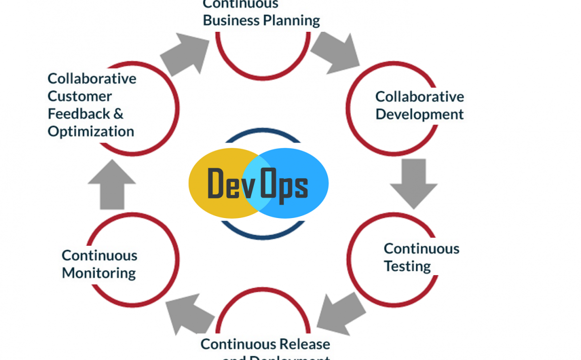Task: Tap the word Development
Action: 420,115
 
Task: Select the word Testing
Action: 407,267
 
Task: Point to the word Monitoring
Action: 99,273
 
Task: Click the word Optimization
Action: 91,132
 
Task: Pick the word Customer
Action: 79,96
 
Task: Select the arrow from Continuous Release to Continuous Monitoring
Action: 190,314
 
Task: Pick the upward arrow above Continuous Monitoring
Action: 112,184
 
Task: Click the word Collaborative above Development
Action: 420,96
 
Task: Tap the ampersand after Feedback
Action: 118,114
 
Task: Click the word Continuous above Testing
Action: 422,248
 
